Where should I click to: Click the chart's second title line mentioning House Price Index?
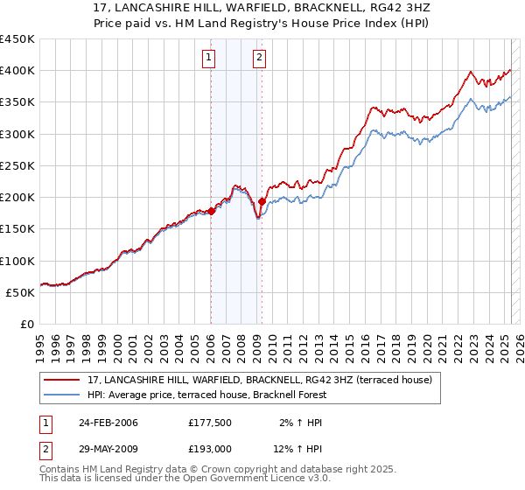pos(262,24)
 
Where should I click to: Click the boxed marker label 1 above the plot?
pos(210,59)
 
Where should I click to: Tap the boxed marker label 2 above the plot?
pos(261,59)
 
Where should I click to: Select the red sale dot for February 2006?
pos(211,211)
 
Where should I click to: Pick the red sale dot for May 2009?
pos(262,201)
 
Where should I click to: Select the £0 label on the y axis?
pos(26,324)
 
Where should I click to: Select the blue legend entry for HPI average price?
pos(206,395)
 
